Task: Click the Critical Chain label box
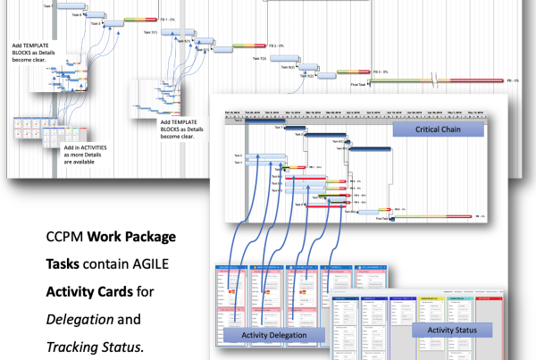(x=439, y=130)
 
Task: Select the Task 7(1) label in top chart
(x=149, y=33)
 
